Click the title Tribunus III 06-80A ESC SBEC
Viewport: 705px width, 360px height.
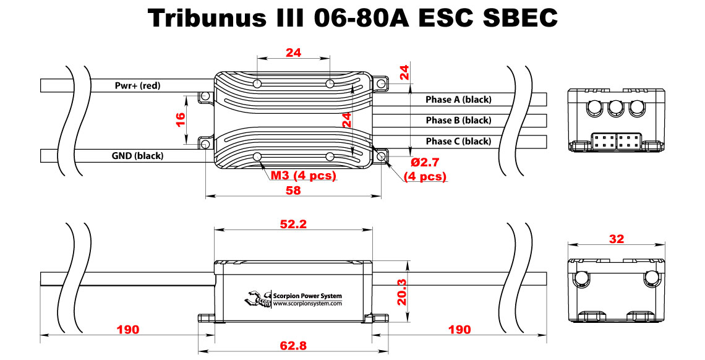pos(353,19)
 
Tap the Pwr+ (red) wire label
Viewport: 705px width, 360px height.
pos(137,85)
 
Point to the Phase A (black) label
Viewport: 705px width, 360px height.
pos(458,100)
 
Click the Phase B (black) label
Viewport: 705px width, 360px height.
pos(458,120)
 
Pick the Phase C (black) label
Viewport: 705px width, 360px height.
pos(458,141)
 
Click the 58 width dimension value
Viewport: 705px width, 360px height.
pos(293,191)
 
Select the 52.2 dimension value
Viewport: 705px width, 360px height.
pos(293,225)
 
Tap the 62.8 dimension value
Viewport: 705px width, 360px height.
pos(293,345)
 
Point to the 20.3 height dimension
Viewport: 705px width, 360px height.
pos(402,291)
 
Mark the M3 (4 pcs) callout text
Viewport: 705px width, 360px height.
pos(303,176)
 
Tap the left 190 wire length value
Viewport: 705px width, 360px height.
pos(127,329)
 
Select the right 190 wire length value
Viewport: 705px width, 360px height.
pos(459,329)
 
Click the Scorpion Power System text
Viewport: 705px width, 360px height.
pos(307,296)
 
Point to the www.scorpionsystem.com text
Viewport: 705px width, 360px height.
pos(307,303)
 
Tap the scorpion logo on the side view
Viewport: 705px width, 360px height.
pos(258,299)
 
